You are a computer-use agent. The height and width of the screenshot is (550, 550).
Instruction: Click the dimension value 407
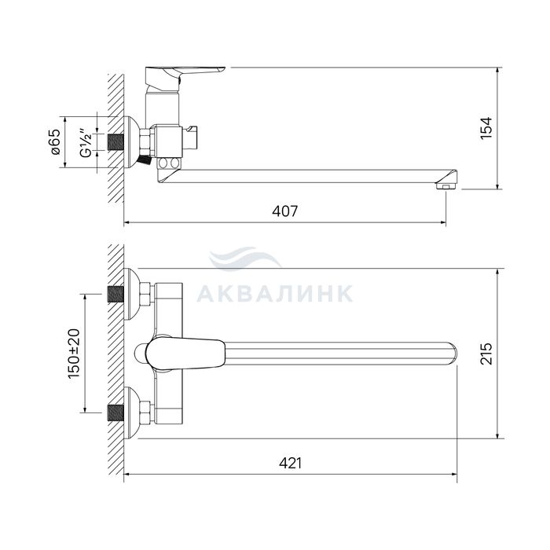[284, 211]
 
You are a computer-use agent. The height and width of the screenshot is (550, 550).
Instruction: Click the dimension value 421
[290, 464]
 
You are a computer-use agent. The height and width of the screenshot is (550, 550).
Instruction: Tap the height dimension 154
[486, 128]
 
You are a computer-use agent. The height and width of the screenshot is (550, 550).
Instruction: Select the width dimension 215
[486, 354]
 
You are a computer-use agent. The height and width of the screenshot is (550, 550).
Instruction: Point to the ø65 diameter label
[55, 142]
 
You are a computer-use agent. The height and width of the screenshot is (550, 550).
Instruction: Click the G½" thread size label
[86, 143]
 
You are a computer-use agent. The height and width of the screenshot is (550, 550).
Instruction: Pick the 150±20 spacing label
[74, 354]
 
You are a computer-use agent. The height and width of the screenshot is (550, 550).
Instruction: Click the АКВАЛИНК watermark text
[275, 294]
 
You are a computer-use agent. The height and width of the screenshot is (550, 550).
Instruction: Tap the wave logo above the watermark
[244, 258]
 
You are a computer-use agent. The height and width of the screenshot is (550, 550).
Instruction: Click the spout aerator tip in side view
[446, 185]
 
